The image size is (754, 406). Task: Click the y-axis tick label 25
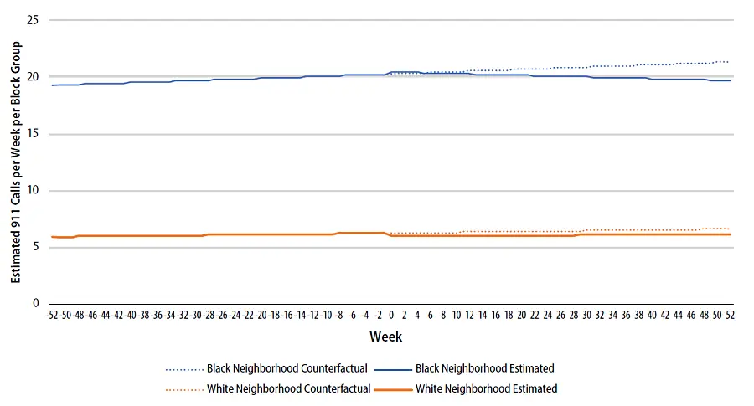click(x=34, y=19)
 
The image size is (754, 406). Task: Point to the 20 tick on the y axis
click(x=34, y=76)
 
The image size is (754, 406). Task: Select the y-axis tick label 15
click(x=34, y=133)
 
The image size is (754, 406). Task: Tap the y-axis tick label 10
click(x=34, y=190)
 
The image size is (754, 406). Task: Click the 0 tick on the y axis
click(x=36, y=303)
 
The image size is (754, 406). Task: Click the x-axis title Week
click(x=386, y=337)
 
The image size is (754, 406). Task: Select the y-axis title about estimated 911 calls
click(x=15, y=161)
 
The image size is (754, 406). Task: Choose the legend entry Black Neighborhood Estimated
click(x=484, y=368)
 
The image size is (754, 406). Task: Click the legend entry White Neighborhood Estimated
click(x=486, y=388)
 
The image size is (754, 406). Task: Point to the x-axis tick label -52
click(x=52, y=316)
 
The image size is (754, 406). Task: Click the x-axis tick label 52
click(x=730, y=316)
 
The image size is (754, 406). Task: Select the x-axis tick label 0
click(x=391, y=316)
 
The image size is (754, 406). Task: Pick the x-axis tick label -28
click(x=209, y=316)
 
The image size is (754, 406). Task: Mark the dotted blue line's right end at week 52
click(x=728, y=62)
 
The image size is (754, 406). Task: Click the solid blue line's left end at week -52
click(x=53, y=85)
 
